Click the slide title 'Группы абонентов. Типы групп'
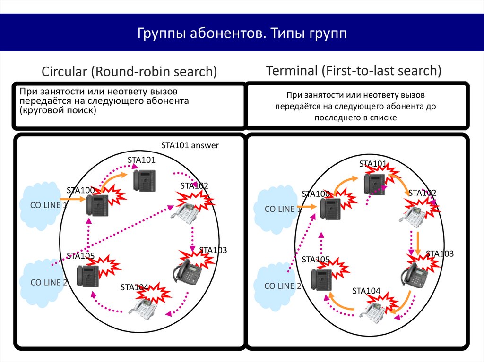pos(242,34)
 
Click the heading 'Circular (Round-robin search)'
pos(130,72)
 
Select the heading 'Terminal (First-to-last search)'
pos(354,71)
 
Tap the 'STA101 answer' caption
pos(190,145)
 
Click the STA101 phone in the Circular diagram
pos(145,180)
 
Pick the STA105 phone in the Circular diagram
pos(88,275)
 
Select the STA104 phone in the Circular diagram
pos(144,307)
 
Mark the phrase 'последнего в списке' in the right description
pos(356,118)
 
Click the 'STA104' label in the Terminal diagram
pos(366,291)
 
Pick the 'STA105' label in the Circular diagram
pos(81,256)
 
